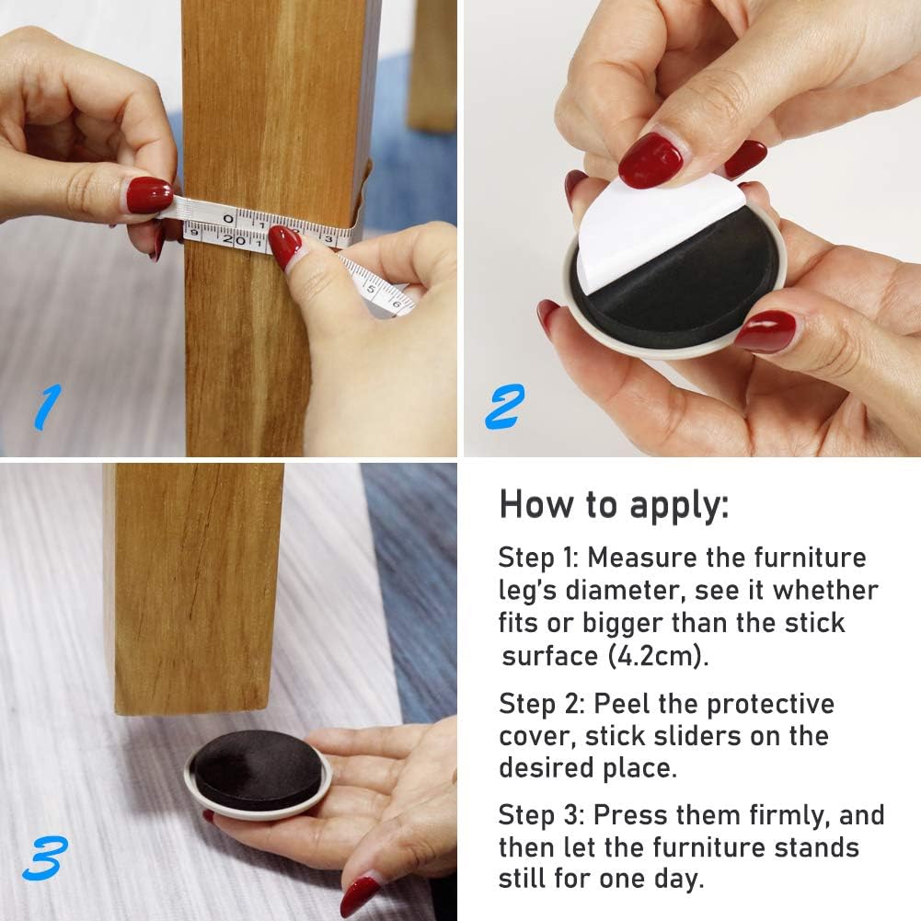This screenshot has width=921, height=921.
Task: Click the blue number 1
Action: [46, 407]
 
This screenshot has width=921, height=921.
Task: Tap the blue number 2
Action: [504, 406]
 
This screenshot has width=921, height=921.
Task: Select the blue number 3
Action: [45, 858]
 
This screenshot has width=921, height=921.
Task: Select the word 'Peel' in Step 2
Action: [623, 704]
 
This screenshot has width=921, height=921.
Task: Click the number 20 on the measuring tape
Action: [235, 239]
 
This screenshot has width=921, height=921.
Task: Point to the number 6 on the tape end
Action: [396, 304]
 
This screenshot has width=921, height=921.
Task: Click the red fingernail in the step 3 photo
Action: [359, 896]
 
